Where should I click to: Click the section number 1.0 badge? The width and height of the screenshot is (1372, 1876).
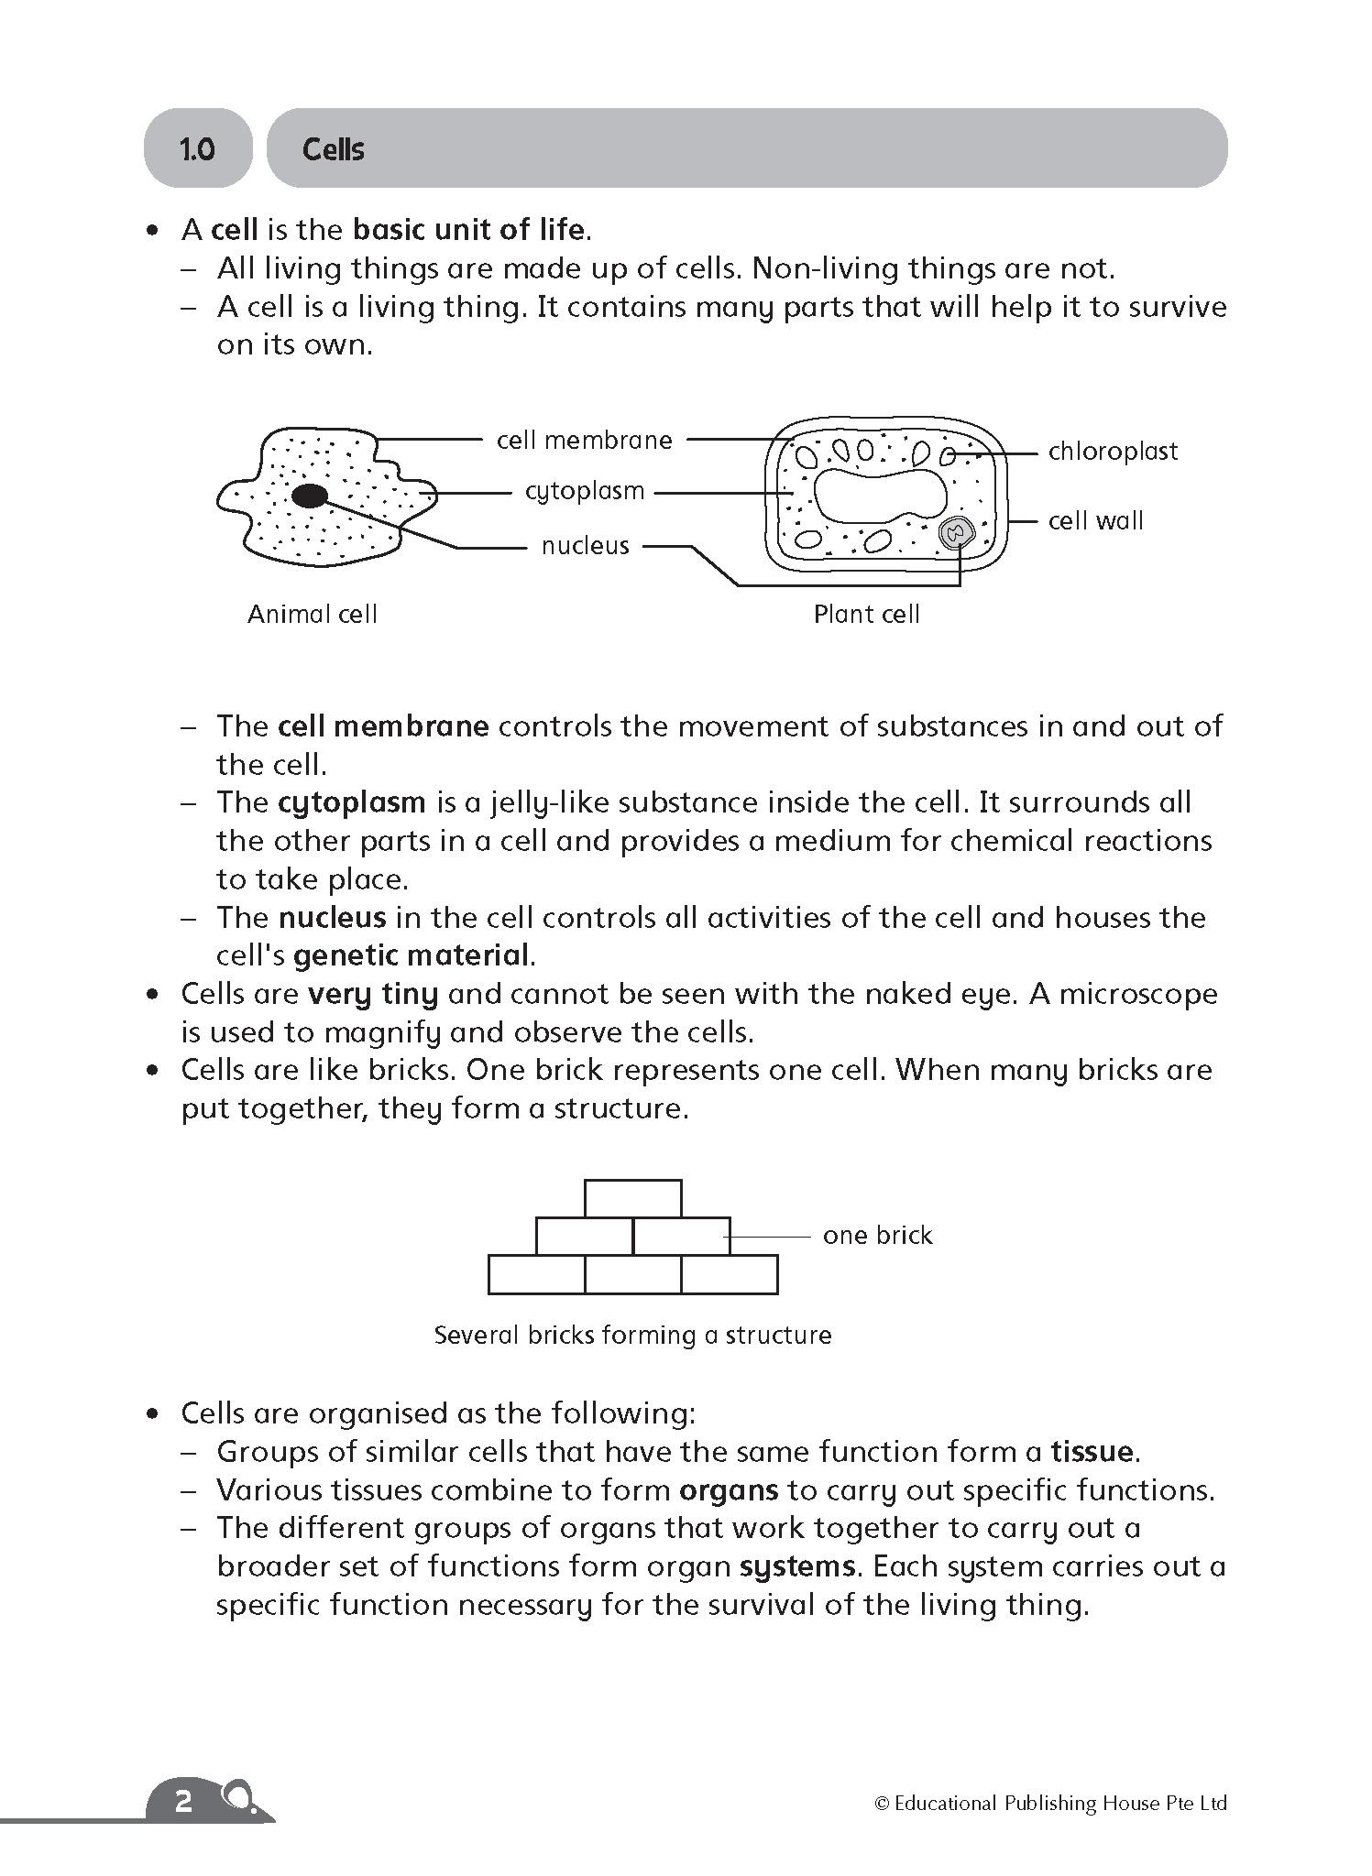[197, 149]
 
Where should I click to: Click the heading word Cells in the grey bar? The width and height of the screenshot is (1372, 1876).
[334, 149]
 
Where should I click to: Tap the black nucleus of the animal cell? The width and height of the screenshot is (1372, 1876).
[310, 496]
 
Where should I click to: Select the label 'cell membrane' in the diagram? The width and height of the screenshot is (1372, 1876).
[584, 441]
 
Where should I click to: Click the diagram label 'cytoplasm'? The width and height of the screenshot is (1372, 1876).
[585, 491]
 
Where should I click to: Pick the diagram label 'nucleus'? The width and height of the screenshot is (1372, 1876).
[585, 546]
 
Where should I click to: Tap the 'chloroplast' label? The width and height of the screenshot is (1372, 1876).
[1113, 452]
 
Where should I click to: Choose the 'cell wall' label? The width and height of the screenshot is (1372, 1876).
[1095, 521]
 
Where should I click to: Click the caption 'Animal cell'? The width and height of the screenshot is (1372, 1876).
[313, 614]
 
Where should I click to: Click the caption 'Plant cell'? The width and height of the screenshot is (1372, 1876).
[866, 614]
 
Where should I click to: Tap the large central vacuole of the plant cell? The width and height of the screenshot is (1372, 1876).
[881, 495]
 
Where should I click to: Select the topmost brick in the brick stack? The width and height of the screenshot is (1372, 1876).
[632, 1198]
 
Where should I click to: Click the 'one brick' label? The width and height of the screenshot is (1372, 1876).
[877, 1236]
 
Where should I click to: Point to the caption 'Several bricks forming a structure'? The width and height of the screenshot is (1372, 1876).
[632, 1335]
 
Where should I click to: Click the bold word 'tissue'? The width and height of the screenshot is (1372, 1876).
[1092, 1452]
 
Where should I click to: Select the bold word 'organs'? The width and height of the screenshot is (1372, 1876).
[729, 1490]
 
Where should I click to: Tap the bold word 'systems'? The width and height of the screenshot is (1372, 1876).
[797, 1567]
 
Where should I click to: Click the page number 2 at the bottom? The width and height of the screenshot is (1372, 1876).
[183, 1802]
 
